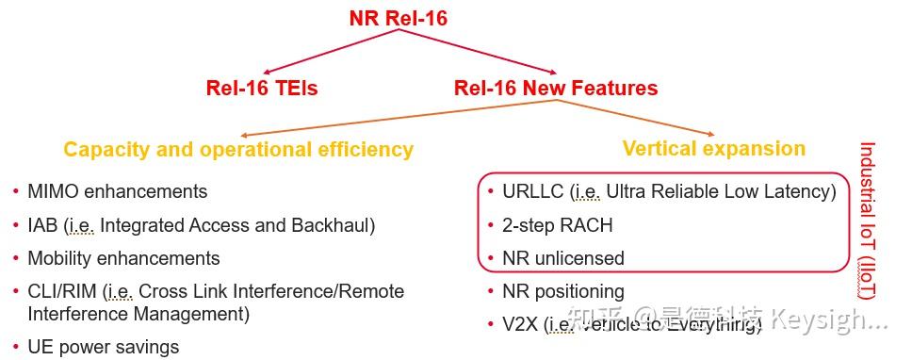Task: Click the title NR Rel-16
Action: tap(398, 18)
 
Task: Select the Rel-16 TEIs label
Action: tap(262, 89)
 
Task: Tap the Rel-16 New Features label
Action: tap(556, 89)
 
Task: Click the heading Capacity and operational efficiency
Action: tap(238, 150)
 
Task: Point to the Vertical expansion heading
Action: tap(714, 149)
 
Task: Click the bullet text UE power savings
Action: tap(103, 347)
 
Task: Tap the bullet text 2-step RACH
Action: tap(558, 225)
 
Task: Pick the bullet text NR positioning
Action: tap(563, 291)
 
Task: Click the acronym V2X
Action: tap(521, 324)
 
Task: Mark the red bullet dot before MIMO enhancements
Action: tap(15, 191)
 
